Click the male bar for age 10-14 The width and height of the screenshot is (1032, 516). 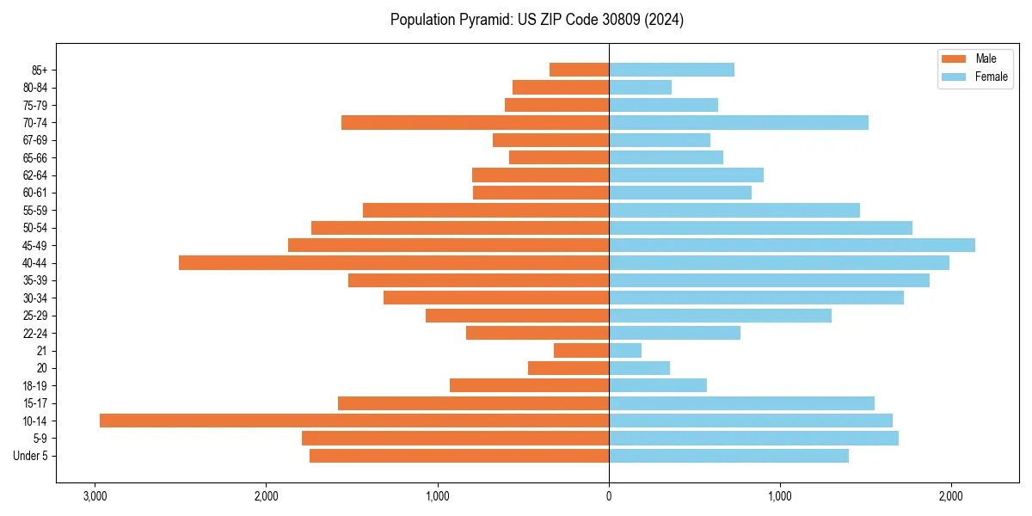click(x=354, y=421)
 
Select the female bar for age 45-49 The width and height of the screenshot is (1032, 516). click(x=792, y=245)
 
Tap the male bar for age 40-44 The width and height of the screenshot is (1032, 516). click(x=394, y=263)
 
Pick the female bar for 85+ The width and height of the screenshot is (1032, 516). click(x=672, y=70)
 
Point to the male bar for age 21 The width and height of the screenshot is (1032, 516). click(x=581, y=351)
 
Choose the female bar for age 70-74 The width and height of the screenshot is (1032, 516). click(x=739, y=122)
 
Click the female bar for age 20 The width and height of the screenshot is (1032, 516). click(x=639, y=368)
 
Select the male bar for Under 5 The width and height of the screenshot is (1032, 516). click(x=459, y=456)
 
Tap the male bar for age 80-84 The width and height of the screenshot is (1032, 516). click(x=561, y=87)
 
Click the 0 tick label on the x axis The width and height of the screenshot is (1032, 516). click(x=609, y=496)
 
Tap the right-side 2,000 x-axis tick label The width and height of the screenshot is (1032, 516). click(x=950, y=496)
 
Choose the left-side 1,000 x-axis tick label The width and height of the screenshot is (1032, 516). click(x=438, y=496)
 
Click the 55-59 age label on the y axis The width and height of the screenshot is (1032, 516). click(x=35, y=211)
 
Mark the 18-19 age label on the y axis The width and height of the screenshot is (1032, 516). click(x=35, y=386)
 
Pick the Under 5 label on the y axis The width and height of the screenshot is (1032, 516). click(x=31, y=456)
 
